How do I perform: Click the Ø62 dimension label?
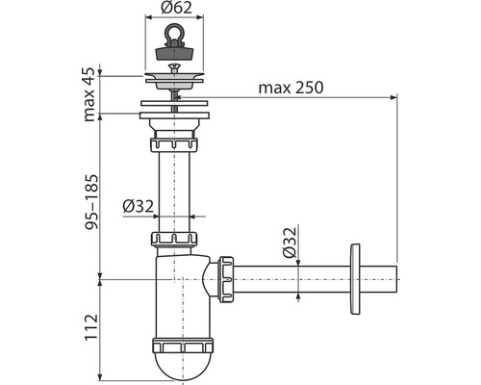click(176, 8)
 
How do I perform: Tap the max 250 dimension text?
click(291, 88)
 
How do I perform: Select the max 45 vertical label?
click(89, 94)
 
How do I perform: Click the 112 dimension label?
click(91, 327)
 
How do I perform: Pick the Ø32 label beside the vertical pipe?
click(139, 207)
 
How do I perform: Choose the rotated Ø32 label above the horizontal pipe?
click(290, 243)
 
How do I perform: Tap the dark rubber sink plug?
click(174, 53)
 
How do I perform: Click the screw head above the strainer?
click(174, 67)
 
